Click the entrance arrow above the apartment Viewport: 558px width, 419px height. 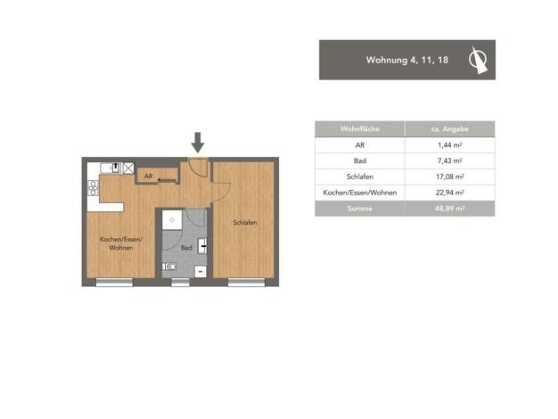point(198,143)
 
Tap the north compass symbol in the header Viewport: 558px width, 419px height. point(478,60)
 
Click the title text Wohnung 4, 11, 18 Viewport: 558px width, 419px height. point(407,60)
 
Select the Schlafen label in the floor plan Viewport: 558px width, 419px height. point(245,223)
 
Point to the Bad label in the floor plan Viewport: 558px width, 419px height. point(186,248)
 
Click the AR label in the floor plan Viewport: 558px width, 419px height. point(148,177)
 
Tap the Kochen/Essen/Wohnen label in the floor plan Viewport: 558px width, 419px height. point(121,243)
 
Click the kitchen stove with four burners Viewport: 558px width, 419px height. point(93,188)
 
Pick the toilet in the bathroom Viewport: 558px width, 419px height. point(169,267)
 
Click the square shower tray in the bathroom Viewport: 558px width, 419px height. point(172,219)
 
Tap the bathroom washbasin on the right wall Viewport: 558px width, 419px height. point(202,245)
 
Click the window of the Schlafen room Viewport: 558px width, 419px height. point(246,283)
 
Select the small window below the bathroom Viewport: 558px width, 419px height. point(180,283)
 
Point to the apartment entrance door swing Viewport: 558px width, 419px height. point(198,167)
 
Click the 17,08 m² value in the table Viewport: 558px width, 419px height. point(450,177)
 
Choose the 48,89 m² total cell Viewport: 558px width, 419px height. point(450,209)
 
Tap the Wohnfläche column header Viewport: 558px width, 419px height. point(360,129)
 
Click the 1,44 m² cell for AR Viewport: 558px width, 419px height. point(450,145)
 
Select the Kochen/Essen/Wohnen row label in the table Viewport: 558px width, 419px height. point(360,193)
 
